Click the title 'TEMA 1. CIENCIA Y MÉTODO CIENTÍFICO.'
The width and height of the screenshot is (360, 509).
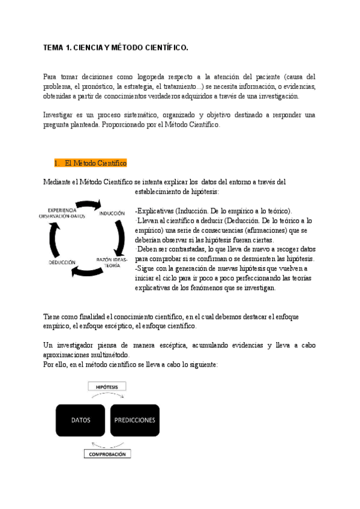point(116,47)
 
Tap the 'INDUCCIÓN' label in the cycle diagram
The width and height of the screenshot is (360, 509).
point(112,213)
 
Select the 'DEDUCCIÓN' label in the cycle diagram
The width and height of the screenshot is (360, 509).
point(62,262)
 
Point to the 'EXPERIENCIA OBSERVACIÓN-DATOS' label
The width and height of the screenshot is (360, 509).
point(62,212)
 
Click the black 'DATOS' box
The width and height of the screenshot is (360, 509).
point(81,420)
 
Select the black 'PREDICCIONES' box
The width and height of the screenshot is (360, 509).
point(134,420)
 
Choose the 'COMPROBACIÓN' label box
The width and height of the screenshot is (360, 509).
point(107,454)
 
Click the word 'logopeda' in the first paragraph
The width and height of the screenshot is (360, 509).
point(159,77)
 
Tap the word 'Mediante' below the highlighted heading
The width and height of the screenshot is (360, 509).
point(58,182)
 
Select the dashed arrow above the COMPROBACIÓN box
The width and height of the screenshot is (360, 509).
point(107,445)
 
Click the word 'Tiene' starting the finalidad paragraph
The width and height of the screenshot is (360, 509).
point(52,316)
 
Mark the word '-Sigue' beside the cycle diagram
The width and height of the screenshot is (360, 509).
point(145,268)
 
